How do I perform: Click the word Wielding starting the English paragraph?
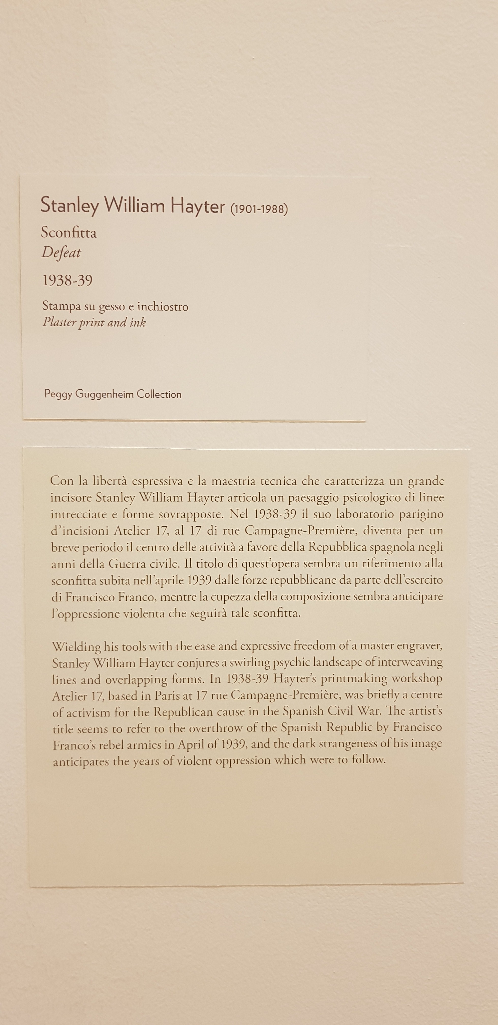tap(76, 646)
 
